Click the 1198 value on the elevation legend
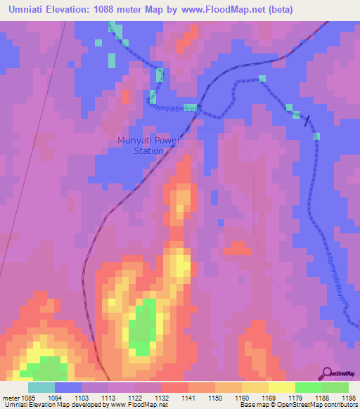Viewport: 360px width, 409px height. point(348,397)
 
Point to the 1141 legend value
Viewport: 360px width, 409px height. point(188,397)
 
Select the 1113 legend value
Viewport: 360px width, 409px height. point(109,397)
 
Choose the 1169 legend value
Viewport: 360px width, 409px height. point(268,397)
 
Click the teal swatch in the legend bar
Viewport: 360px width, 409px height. point(41,387)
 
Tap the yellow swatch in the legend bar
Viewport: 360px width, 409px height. point(282,387)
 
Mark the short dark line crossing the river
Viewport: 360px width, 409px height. point(307,120)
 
